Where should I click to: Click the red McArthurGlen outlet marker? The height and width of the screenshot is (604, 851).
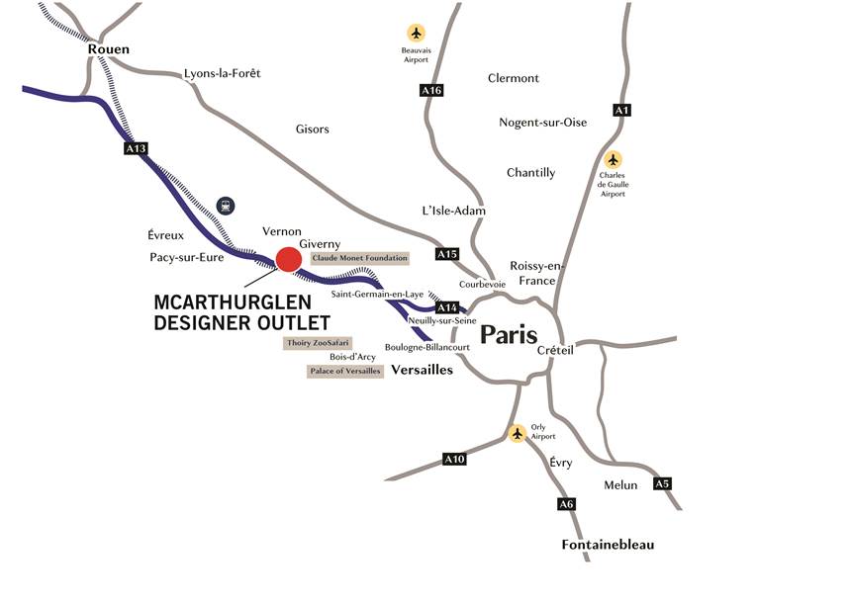[x=288, y=259]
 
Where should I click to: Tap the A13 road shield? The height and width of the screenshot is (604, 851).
[x=136, y=148]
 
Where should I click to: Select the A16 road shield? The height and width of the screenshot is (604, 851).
[x=430, y=91]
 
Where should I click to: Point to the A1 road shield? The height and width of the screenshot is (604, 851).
[x=621, y=110]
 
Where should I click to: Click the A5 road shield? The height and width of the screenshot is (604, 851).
[x=662, y=483]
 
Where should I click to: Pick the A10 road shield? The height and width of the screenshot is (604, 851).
[x=454, y=459]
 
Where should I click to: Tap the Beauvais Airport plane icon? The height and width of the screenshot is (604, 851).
[x=416, y=33]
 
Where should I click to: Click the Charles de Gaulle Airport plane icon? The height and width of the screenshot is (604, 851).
[x=614, y=159]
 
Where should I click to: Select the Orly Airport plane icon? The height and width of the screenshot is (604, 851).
[x=517, y=433]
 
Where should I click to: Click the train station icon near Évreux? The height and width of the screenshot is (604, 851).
[x=227, y=206]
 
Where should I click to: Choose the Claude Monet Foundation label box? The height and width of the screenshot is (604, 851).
[x=359, y=258]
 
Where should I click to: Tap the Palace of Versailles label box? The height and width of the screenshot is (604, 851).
[x=344, y=372]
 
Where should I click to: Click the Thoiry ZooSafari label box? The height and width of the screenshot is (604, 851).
[x=311, y=343]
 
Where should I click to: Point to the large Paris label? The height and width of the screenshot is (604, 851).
[x=509, y=334]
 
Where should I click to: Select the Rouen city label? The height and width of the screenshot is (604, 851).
[x=109, y=49]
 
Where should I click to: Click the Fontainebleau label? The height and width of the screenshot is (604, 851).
[x=608, y=545]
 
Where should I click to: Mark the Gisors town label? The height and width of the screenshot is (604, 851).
[x=313, y=129]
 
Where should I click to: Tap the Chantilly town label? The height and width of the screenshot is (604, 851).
[x=530, y=173]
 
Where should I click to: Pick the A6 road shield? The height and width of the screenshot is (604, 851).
[x=566, y=504]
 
